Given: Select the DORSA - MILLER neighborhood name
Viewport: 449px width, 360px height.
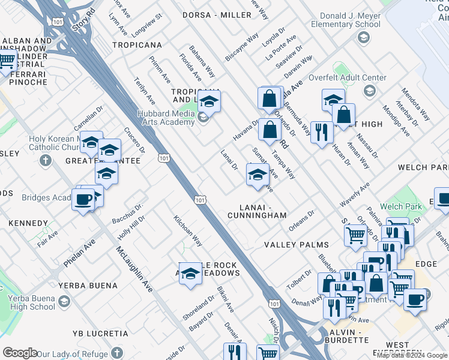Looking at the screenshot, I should [217, 14].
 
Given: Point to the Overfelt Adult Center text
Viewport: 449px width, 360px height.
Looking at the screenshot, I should [347, 78].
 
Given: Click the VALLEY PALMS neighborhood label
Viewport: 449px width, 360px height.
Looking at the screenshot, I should [297, 245].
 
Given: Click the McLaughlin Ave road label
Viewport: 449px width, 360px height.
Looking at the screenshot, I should [134, 269].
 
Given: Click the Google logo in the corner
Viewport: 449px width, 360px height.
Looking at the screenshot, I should [20, 353].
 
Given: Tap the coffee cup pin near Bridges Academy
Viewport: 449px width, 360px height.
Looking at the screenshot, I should [83, 199].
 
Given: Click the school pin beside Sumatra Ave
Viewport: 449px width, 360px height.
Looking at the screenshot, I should [257, 175].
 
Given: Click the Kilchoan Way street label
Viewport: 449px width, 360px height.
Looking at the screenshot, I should [187, 231].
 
